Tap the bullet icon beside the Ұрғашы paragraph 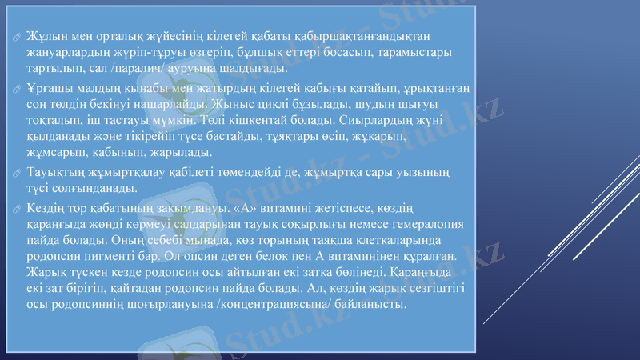point(17,89)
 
